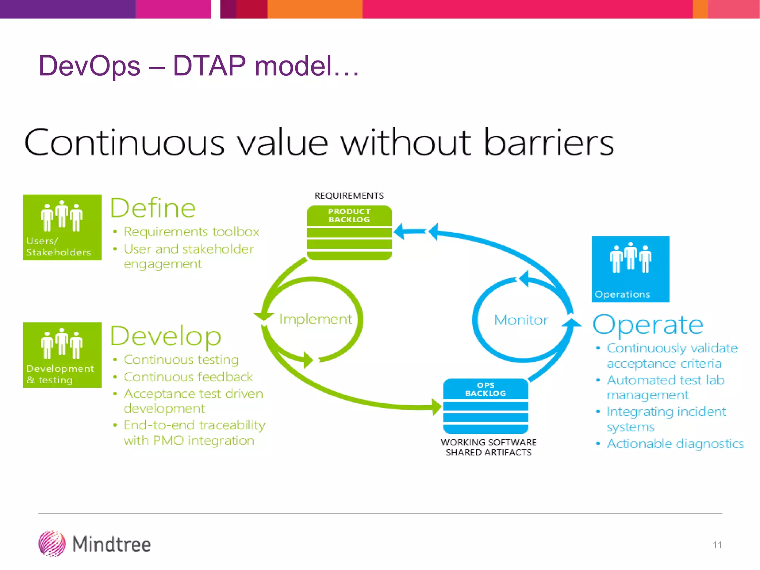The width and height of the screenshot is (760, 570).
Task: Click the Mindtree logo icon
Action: click(x=52, y=544)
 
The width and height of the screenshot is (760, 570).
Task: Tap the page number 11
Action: click(x=717, y=545)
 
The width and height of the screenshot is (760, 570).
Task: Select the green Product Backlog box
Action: click(x=349, y=233)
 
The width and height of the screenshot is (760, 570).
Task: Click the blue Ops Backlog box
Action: click(x=485, y=406)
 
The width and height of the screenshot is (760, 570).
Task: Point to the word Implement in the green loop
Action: click(x=315, y=319)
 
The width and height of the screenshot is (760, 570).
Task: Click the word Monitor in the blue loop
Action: click(x=521, y=320)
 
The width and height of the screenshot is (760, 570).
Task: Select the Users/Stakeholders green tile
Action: click(x=62, y=227)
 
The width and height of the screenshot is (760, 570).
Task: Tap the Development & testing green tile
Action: click(x=62, y=355)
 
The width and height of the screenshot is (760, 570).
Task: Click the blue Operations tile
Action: click(x=630, y=269)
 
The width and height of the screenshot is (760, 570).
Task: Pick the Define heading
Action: click(x=153, y=208)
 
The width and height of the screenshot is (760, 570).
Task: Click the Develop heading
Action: click(x=166, y=336)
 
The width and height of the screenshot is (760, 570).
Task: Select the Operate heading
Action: click(x=648, y=325)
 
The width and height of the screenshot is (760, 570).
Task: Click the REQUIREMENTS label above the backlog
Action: click(x=349, y=196)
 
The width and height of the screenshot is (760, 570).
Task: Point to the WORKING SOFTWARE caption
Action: click(x=488, y=442)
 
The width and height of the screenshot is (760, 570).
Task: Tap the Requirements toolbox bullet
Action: click(x=191, y=232)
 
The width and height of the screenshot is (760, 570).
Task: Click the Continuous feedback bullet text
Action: click(x=188, y=377)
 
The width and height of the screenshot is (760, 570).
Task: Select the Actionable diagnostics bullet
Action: click(x=675, y=444)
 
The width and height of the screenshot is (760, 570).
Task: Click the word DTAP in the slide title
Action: click(x=209, y=66)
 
